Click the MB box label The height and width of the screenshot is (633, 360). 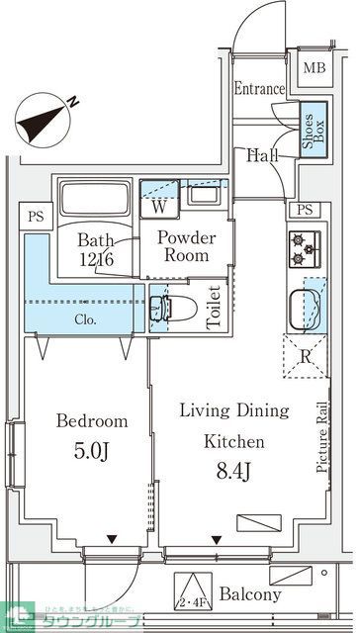(x=314, y=68)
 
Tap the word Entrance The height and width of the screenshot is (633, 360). (x=259, y=89)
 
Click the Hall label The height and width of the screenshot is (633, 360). (x=263, y=154)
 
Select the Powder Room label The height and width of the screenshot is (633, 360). (x=186, y=246)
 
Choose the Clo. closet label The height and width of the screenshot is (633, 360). (x=86, y=320)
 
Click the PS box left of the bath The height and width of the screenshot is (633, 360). (x=34, y=214)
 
